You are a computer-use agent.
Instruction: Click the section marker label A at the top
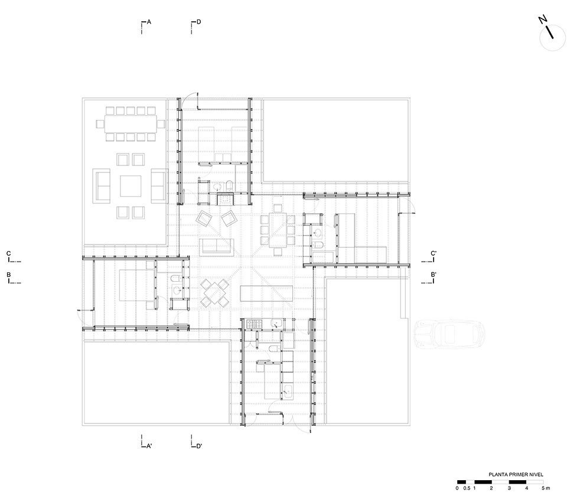[x=149, y=22]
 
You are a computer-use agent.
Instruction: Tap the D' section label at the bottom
[x=200, y=446]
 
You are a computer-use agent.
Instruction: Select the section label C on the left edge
[x=8, y=254]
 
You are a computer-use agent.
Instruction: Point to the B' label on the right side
[x=434, y=275]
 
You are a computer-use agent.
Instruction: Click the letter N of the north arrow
[x=542, y=20]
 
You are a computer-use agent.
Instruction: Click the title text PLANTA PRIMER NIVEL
[x=515, y=474]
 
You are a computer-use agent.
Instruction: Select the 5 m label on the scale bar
[x=546, y=488]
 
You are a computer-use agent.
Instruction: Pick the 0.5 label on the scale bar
[x=467, y=488]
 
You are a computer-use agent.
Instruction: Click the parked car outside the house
[x=449, y=334]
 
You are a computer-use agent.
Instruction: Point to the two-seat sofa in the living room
[x=217, y=246]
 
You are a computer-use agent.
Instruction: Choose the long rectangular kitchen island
[x=266, y=292]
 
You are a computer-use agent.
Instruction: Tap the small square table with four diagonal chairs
[x=215, y=292]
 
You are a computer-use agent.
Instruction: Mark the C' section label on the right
[x=434, y=254]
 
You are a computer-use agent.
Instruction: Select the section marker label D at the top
[x=199, y=22]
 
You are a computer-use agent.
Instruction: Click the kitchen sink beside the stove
[x=275, y=324]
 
